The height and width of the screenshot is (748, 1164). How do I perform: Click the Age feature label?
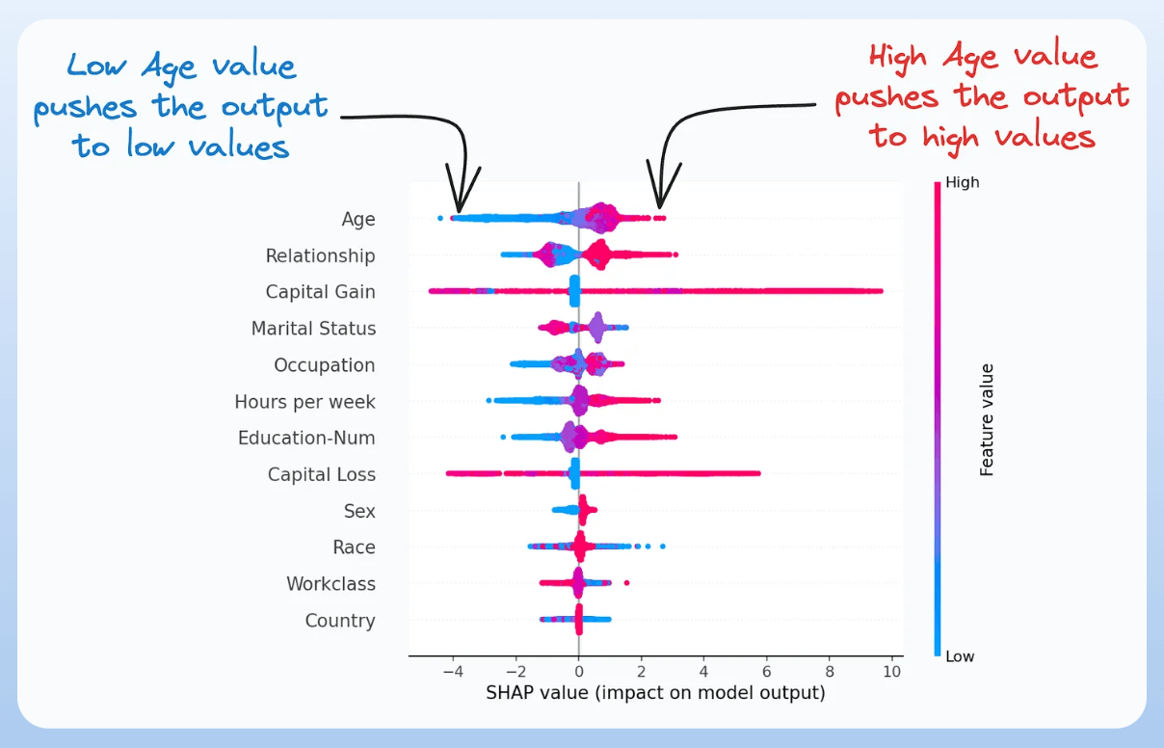tap(358, 220)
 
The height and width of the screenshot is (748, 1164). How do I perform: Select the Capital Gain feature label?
tap(321, 292)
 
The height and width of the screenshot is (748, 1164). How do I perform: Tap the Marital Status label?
tap(313, 329)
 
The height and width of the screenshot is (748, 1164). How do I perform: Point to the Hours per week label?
tap(304, 402)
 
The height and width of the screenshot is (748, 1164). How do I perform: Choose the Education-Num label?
tap(306, 439)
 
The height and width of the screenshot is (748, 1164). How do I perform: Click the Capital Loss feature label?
tap(322, 475)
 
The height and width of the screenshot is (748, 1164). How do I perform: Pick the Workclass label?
tap(331, 584)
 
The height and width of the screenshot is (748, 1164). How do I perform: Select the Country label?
tap(340, 621)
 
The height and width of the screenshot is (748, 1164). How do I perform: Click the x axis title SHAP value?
tap(655, 692)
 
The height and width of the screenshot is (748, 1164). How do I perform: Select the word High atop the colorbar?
tap(962, 182)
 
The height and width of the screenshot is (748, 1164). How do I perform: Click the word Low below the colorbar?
tap(960, 656)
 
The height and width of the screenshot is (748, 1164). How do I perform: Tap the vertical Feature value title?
tap(987, 419)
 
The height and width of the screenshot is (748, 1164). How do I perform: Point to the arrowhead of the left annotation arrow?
tap(460, 208)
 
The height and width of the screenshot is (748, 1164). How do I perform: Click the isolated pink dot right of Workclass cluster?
tap(626, 582)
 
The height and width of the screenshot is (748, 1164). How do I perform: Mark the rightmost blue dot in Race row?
tap(662, 547)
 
